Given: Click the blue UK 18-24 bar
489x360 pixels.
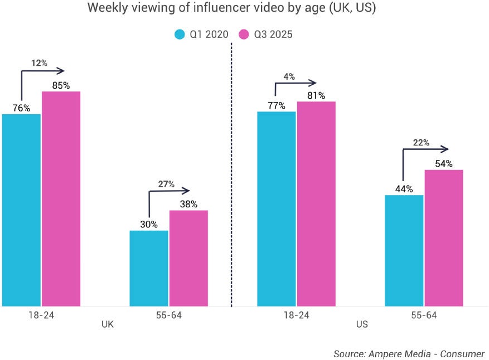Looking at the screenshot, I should (x=21, y=210).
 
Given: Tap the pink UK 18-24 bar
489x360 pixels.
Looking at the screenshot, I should (x=61, y=198).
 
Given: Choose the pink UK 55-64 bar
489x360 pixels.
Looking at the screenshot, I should (x=188, y=257).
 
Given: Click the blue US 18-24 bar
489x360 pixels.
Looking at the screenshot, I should (x=277, y=208).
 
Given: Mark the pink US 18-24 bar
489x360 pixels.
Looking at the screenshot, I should (x=316, y=203).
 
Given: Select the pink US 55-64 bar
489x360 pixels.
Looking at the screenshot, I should (x=444, y=237).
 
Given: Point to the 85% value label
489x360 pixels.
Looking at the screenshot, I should (x=61, y=85).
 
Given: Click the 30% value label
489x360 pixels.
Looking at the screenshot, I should (x=149, y=224).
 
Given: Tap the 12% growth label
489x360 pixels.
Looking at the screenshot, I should (x=39, y=63).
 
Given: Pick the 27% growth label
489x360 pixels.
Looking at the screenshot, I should (x=166, y=184).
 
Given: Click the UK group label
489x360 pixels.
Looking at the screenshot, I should (x=108, y=324).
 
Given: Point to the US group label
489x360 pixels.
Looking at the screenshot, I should (x=362, y=324).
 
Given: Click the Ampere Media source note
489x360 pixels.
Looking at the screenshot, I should (x=409, y=354).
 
